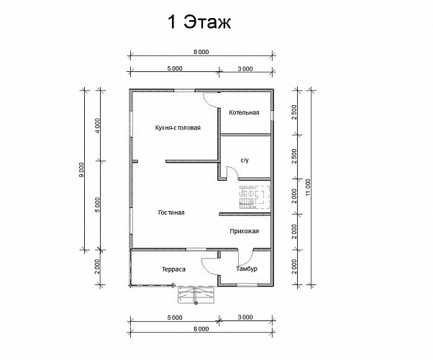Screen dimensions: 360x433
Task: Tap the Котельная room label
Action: coord(244,113)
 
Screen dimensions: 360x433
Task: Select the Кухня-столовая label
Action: coord(177,127)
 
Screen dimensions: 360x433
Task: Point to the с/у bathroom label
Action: coord(244,159)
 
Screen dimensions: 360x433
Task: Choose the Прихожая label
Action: coord(244,231)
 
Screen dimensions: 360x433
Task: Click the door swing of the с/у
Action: coord(232,174)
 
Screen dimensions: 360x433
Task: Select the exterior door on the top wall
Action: coord(211,98)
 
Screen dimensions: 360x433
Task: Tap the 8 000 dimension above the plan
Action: coord(201,53)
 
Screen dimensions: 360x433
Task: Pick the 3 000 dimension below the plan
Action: coord(245,317)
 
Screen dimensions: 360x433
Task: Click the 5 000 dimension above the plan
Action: coord(174,68)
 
